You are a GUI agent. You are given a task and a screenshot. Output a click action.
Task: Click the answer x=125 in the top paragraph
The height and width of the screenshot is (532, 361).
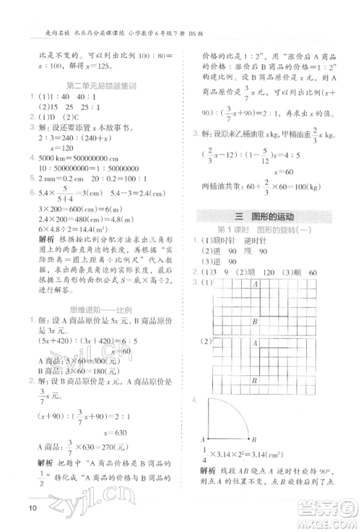pyautogui.click(x=84, y=64)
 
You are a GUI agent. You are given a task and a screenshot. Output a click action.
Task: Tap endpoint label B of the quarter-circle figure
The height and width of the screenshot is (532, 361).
pyautogui.click(x=253, y=439)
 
